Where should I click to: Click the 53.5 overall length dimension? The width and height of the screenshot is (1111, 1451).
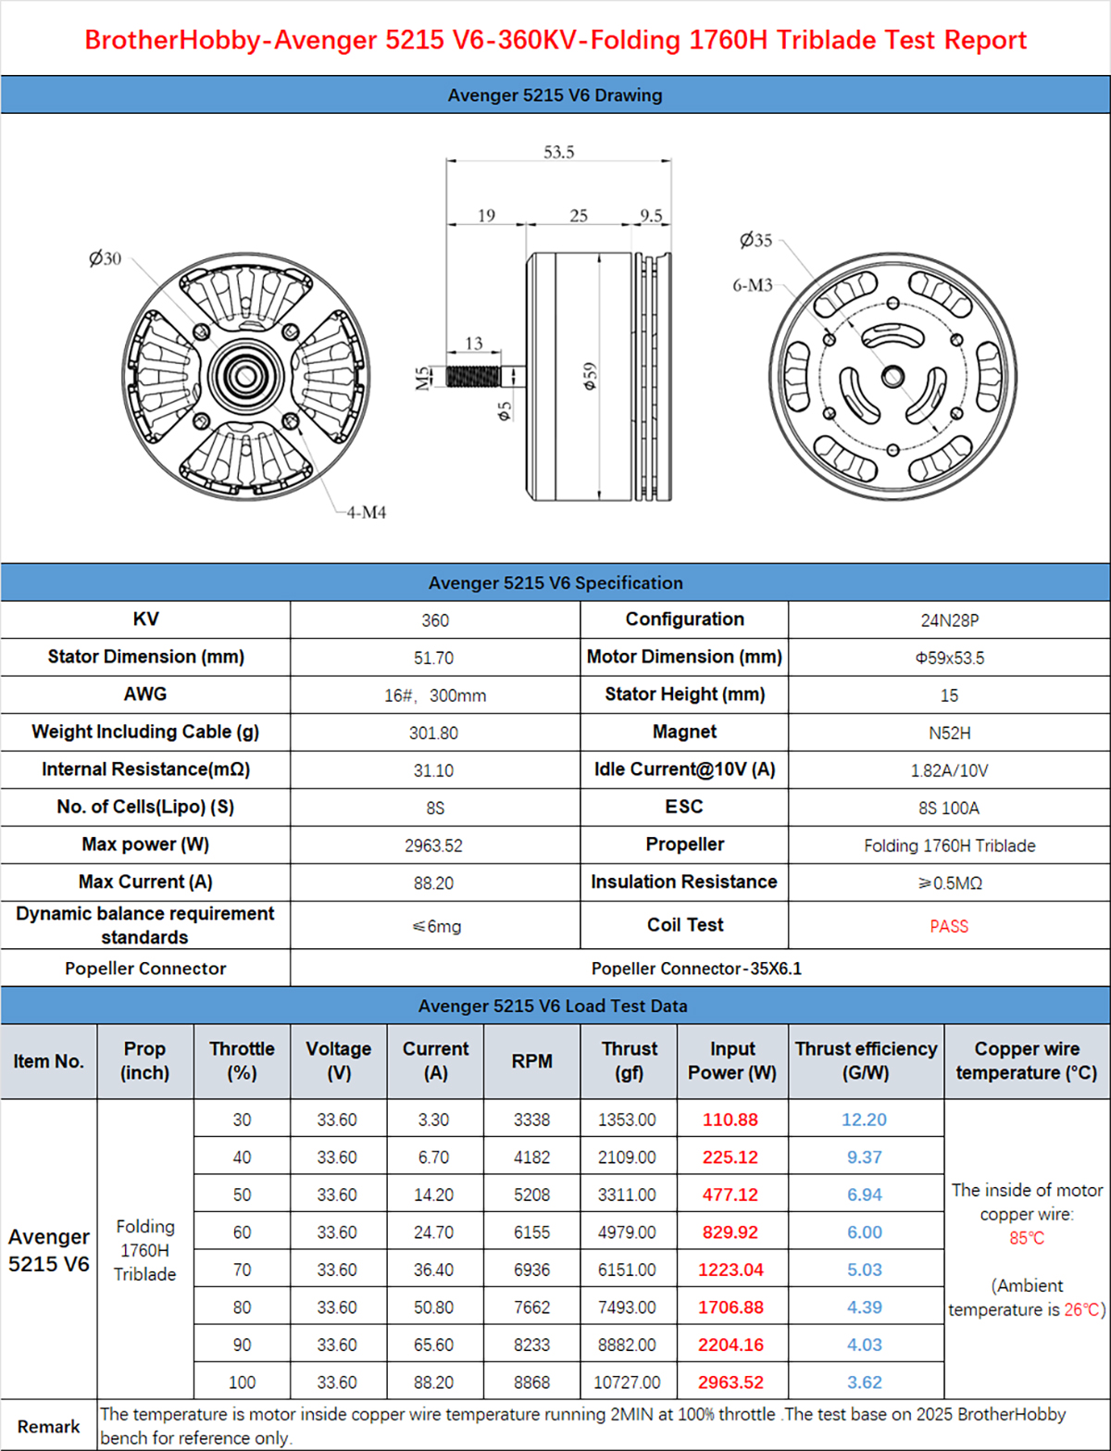558,152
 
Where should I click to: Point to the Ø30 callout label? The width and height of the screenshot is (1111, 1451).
105,258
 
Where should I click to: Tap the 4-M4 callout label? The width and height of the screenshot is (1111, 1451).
366,512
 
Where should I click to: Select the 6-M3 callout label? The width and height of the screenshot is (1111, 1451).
752,285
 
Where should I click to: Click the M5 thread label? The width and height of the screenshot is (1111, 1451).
423,378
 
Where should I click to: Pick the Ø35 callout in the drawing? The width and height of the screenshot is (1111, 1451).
755,240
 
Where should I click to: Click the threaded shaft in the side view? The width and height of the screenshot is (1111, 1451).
474,376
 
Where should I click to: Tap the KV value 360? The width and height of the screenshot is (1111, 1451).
434,620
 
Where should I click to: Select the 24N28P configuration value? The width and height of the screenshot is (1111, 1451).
949,620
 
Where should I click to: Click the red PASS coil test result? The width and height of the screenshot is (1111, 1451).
949,926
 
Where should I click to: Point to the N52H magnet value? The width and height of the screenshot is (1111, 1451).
949,733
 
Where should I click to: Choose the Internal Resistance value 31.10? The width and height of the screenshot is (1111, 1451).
433,770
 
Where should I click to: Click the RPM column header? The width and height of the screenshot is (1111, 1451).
531,1061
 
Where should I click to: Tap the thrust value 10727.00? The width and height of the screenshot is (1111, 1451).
627,1382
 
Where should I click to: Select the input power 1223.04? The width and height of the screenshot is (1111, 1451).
730,1270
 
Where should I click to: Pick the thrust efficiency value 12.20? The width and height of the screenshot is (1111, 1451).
864,1120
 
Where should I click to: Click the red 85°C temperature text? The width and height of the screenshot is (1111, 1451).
1027,1238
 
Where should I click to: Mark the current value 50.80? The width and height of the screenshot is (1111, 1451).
433,1307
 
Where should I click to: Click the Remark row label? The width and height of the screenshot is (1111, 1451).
48,1426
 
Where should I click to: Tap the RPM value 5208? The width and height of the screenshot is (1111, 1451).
531,1195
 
